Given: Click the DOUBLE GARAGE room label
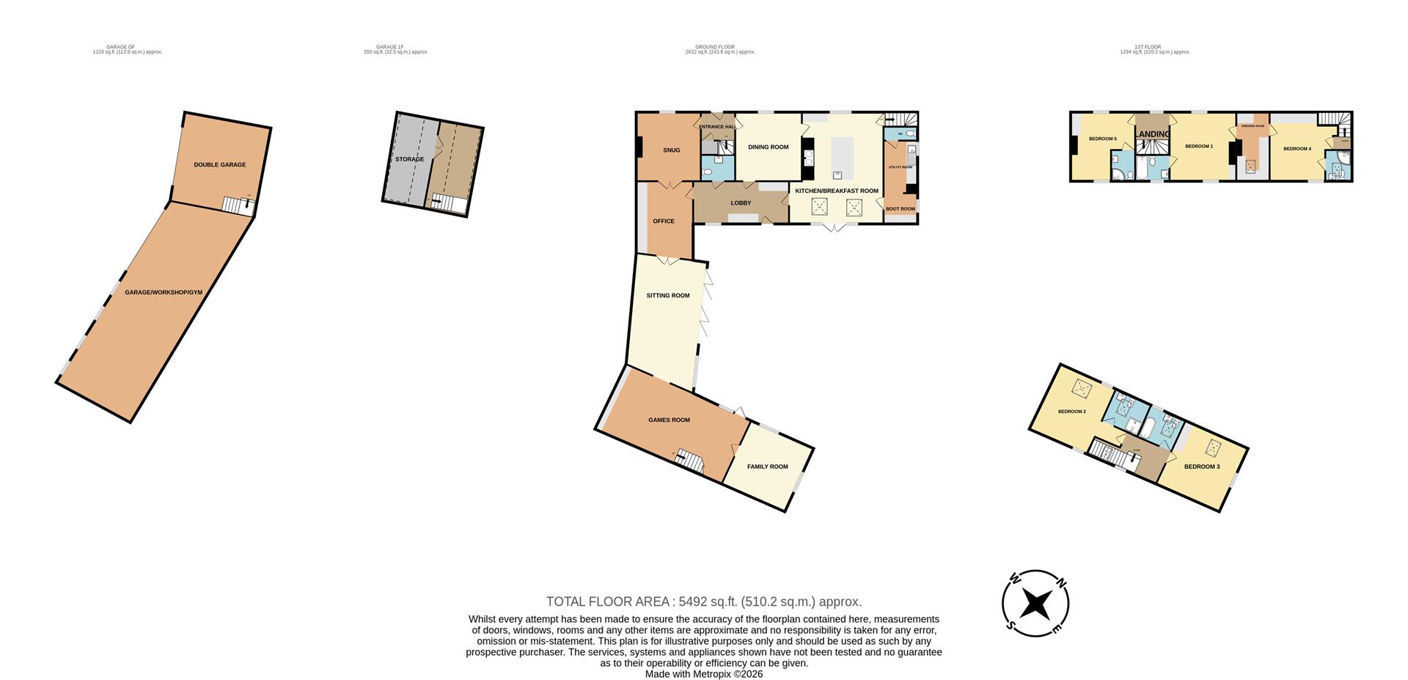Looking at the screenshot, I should (219, 165).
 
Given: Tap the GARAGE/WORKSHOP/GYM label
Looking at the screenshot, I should (164, 293).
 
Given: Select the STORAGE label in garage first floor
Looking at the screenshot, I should (409, 159).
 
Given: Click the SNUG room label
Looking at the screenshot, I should (671, 150).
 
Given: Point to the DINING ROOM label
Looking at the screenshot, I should (768, 147).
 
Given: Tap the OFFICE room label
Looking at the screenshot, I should (664, 222).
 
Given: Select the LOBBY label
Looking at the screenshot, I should (741, 203).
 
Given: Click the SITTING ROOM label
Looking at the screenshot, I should (667, 296).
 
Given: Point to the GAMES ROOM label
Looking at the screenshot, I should (669, 420).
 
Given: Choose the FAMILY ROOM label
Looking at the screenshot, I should (767, 467).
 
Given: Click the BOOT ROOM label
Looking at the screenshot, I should (900, 209).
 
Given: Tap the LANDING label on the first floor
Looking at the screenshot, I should (1153, 134).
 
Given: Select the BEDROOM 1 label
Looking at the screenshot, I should (1199, 147).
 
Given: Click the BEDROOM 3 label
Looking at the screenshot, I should (1201, 467).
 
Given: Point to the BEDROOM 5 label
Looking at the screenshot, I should (1102, 139).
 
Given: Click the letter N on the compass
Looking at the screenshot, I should (1061, 583).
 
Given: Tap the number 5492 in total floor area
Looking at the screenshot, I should (693, 602).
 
